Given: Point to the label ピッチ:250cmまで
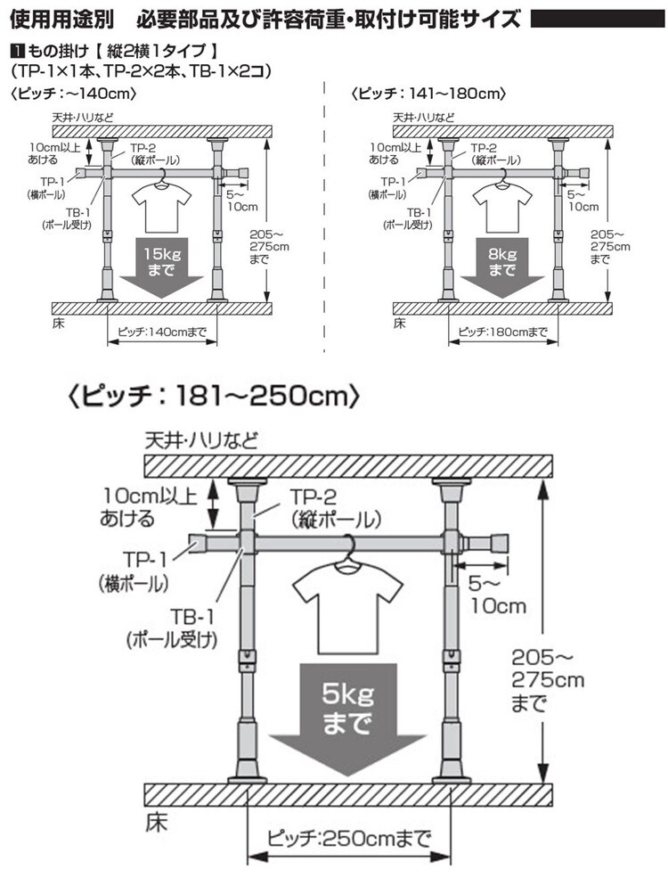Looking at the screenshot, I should coord(348,837).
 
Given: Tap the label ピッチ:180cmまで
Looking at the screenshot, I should coord(503,332).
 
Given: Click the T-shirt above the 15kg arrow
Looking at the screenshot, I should coord(160,205).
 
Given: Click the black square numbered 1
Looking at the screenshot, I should coord(16,51).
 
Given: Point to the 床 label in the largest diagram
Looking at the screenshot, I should coord(155,816).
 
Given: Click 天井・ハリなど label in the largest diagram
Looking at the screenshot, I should coord(201,440).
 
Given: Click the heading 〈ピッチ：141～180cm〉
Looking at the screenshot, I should coord(428,93).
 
